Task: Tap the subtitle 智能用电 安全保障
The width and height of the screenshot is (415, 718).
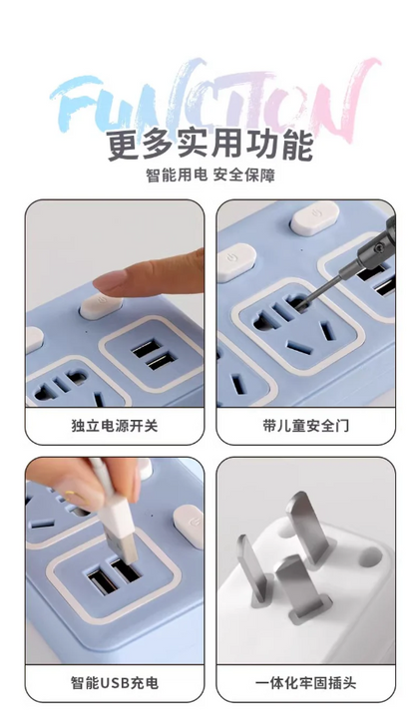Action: point(210,175)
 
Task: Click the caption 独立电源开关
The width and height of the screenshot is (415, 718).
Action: point(115,426)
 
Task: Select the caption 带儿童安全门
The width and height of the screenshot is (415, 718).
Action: point(305,426)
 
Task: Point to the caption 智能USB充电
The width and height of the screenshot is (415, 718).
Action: point(115,683)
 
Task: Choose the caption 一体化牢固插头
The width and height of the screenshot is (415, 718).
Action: point(305,683)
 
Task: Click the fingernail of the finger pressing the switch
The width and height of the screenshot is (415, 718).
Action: point(109,280)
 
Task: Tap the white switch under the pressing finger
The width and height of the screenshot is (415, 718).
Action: point(101,306)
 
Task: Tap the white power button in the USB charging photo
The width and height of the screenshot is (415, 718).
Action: point(189,527)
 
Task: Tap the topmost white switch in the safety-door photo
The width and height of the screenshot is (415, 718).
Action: point(315,218)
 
